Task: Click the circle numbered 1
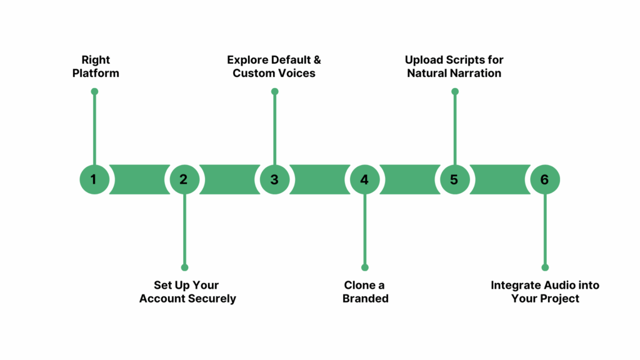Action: (94, 179)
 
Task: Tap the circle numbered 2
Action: (184, 179)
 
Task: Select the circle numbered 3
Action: (274, 179)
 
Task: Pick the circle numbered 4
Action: (365, 179)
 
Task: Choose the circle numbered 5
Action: (454, 179)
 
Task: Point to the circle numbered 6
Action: (544, 179)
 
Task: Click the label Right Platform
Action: (96, 66)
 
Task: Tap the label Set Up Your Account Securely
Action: (187, 292)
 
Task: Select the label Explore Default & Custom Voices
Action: (274, 66)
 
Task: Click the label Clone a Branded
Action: (365, 292)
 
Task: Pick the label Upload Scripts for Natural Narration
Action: (454, 66)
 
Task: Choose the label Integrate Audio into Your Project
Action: (544, 292)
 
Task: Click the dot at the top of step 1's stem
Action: (94, 91)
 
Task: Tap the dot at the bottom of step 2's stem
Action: (184, 267)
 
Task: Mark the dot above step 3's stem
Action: (274, 91)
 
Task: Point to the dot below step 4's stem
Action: (365, 267)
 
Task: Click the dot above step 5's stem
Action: (454, 91)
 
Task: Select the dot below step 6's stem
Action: (544, 267)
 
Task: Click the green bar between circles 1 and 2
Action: (139, 179)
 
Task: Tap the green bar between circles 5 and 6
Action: (499, 179)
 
